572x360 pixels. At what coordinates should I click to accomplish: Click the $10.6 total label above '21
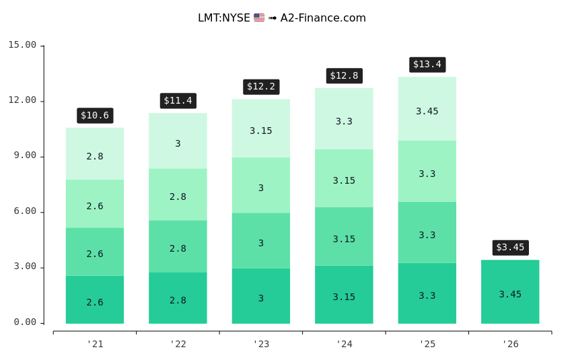(95, 116)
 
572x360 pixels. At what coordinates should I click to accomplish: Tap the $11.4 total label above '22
(178, 101)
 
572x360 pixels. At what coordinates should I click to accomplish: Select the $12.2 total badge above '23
(261, 87)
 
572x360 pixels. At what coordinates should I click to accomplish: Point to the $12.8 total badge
(344, 76)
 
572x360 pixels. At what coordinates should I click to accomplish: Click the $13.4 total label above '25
(427, 65)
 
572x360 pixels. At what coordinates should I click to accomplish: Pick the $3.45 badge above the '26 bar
(510, 248)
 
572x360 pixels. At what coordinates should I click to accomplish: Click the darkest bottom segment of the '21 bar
(95, 299)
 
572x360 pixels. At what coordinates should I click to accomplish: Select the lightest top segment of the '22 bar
(178, 141)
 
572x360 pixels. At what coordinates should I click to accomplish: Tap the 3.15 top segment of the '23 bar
(261, 128)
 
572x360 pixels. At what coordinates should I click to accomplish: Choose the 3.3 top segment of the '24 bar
(344, 118)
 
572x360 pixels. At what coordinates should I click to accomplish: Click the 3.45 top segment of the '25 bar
(427, 108)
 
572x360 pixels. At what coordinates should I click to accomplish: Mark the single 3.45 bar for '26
(510, 291)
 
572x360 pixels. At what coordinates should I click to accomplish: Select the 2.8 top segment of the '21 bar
(95, 153)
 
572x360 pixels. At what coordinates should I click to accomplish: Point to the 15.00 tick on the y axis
(22, 45)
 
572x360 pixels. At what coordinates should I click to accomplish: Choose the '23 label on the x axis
(261, 345)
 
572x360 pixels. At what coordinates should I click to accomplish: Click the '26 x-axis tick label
(510, 345)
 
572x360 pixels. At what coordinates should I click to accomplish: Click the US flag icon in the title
(259, 18)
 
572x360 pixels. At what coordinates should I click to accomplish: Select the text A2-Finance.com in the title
(323, 18)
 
